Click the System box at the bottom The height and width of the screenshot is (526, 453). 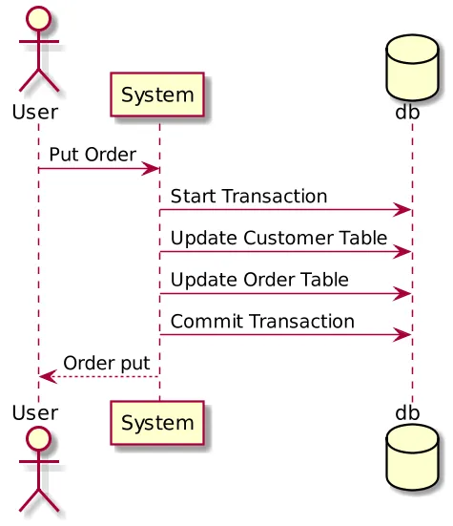click(x=158, y=422)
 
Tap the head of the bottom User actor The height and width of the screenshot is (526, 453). click(x=38, y=441)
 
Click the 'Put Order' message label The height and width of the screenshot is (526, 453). click(x=93, y=154)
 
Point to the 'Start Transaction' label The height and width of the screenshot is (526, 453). click(x=249, y=196)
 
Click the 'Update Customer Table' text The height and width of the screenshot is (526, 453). click(x=279, y=238)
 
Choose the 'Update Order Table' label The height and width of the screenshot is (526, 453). click(x=259, y=280)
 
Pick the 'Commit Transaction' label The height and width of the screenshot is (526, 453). click(x=262, y=322)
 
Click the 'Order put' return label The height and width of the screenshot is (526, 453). click(x=106, y=363)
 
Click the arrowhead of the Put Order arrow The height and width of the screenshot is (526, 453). click(x=152, y=169)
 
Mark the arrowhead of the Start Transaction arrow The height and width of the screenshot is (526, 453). click(x=404, y=210)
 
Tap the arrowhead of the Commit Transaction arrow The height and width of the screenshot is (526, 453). click(x=404, y=335)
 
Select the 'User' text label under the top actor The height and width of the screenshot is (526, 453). click(x=35, y=112)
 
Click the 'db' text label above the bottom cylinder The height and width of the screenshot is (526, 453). click(x=408, y=412)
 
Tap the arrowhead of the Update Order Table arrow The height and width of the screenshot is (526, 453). click(x=404, y=293)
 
